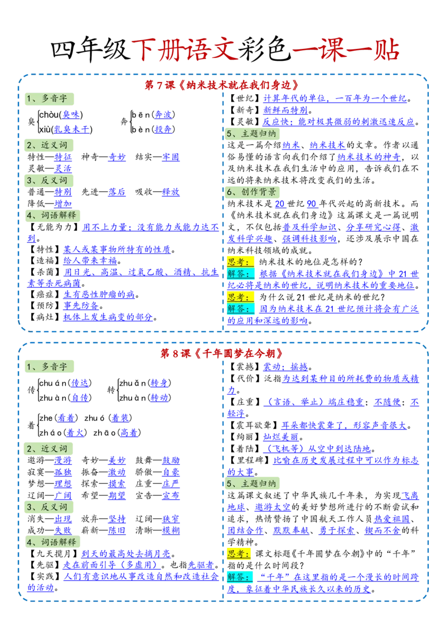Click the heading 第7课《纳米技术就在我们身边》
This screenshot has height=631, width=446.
[222, 85]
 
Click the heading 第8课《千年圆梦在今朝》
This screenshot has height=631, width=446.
[222, 353]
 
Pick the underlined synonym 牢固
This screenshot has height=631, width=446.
[171, 157]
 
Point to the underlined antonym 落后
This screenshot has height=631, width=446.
[117, 192]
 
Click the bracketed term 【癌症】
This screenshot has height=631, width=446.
[45, 294]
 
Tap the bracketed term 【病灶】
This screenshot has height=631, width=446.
[45, 317]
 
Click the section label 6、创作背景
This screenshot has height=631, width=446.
[253, 192]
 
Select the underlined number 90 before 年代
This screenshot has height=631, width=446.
[312, 203]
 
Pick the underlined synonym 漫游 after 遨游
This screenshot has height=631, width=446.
[63, 460]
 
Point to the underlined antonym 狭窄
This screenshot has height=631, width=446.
[171, 519]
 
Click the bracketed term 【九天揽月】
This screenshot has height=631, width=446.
[54, 554]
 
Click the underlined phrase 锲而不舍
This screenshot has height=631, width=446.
[383, 531]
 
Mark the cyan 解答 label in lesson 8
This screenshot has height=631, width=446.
[240, 577]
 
